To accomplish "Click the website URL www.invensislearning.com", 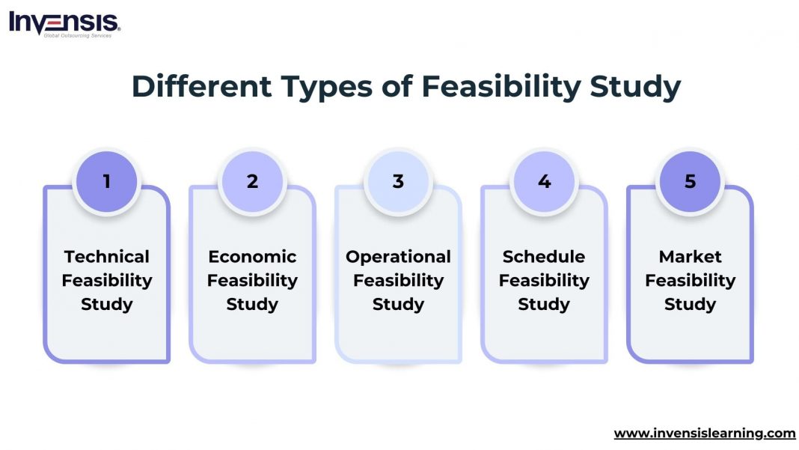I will [x=704, y=433].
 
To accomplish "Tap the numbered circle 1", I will [x=106, y=181].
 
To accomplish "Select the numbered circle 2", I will [x=252, y=181].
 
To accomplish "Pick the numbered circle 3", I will [x=398, y=181].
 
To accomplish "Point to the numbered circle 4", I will [x=544, y=181].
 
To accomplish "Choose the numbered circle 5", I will [x=690, y=181].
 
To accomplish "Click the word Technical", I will [x=106, y=257].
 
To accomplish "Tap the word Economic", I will [x=252, y=257].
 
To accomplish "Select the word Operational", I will [x=398, y=257].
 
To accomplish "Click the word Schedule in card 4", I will [x=544, y=257].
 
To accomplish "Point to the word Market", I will [x=690, y=257].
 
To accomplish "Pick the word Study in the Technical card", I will [x=106, y=305].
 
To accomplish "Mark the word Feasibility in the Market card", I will [x=690, y=281].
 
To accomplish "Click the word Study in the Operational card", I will [x=398, y=305].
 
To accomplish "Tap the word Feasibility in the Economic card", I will [x=252, y=281].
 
